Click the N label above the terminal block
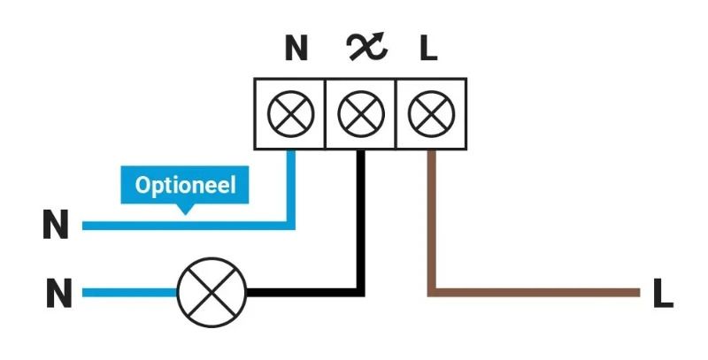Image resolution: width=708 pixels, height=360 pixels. coord(296,49)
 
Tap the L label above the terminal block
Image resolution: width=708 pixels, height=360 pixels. coord(428,49)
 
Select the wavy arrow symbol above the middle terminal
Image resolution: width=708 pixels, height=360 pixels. coord(366,47)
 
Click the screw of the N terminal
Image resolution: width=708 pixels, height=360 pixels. coord(290,114)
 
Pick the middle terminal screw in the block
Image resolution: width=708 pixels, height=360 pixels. coord(361,114)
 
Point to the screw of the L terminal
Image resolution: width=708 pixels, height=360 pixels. coord(431,114)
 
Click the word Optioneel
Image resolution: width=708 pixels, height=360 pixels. coord(185,185)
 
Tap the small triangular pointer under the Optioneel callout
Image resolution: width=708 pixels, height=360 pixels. coord(185,209)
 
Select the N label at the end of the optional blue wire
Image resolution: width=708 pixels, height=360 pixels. coord(56,224)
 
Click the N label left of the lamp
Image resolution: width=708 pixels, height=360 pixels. coord(58,293)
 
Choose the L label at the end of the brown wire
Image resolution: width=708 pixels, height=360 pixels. coord(663,293)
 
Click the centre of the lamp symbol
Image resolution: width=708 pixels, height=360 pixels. coord(212,293)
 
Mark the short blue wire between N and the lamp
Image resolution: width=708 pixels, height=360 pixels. coord(129,293)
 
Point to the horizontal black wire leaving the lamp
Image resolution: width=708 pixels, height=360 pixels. coord(305,292)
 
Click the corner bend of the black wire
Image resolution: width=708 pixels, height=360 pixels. coord(360,292)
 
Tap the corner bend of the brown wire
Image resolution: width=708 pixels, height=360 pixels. coord(432,292)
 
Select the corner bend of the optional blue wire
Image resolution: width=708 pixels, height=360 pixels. coord(291,226)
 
